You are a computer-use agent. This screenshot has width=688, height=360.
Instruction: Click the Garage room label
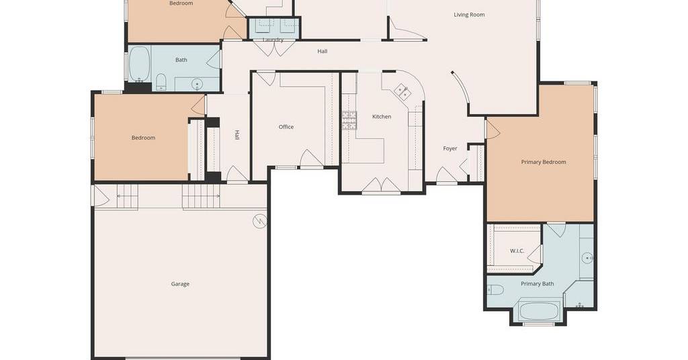pyautogui.click(x=180, y=284)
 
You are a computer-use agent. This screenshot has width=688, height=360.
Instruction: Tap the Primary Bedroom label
pyautogui.click(x=543, y=162)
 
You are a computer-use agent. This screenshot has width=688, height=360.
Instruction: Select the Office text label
pyautogui.click(x=286, y=127)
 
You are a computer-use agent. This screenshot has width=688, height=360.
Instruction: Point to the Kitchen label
pyautogui.click(x=382, y=117)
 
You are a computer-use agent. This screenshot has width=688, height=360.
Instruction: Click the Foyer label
pyautogui.click(x=449, y=148)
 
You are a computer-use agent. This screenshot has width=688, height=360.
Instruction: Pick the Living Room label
pyautogui.click(x=469, y=15)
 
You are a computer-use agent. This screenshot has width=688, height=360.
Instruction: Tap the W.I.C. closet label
pyautogui.click(x=517, y=251)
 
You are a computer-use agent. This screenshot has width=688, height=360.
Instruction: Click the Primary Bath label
pyautogui.click(x=537, y=283)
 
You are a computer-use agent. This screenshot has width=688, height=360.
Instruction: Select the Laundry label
pyautogui.click(x=273, y=40)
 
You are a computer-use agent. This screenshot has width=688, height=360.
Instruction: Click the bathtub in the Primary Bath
pyautogui.click(x=539, y=311)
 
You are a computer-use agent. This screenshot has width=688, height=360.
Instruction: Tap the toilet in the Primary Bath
pyautogui.click(x=495, y=290)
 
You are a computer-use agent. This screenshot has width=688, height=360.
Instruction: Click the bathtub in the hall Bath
pyautogui.click(x=140, y=64)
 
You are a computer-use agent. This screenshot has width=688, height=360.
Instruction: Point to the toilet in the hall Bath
pyautogui.click(x=161, y=82)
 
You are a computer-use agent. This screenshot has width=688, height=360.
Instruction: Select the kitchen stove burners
pyautogui.click(x=349, y=121)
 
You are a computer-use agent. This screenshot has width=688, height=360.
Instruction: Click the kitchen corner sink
pyautogui.click(x=402, y=91)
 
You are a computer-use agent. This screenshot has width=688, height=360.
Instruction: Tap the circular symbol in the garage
pyautogui.click(x=259, y=222)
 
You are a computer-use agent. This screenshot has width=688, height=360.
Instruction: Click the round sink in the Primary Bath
pyautogui.click(x=587, y=259)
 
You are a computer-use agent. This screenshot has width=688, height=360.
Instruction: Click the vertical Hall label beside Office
pyautogui.click(x=237, y=135)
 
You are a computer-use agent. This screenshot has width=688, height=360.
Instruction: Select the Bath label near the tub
pyautogui.click(x=181, y=60)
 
